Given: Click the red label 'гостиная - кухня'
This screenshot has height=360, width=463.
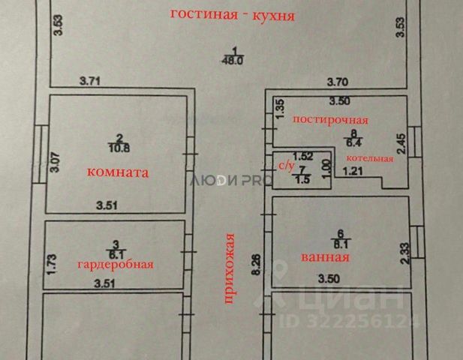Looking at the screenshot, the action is point(233,14).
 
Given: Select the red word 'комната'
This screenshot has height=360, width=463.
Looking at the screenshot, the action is point(118,172).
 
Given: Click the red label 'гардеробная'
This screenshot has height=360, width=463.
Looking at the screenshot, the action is point(116,264).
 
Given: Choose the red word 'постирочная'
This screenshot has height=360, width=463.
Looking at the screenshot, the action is point(330,120).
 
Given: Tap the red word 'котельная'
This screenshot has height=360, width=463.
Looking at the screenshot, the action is point(370,158).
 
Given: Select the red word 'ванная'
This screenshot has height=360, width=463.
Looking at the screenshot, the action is point(325,257).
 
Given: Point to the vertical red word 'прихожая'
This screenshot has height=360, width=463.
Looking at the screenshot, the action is point(230,268).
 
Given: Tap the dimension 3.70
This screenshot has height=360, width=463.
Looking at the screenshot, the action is point(338,82).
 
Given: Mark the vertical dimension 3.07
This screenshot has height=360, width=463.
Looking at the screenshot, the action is point(54,163).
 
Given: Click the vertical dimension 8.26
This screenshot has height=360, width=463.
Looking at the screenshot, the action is point(257,265).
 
